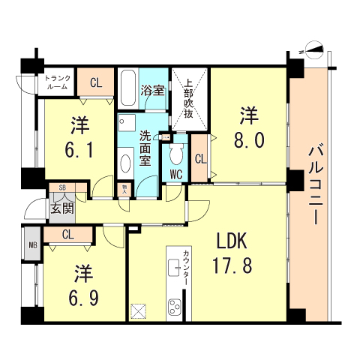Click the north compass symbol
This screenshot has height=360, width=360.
(315, 52)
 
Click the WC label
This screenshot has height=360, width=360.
(176, 175)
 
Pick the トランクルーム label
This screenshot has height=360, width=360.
(57, 82)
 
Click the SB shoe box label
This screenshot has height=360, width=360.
(57, 190)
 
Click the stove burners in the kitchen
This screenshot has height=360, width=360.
(175, 308)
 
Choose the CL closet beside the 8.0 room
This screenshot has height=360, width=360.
(199, 158)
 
